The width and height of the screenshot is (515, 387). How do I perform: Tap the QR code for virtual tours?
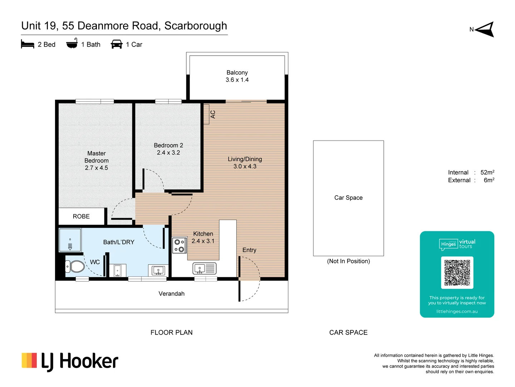click(x=457, y=273)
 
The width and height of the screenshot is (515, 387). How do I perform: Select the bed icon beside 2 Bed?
click(x=28, y=44)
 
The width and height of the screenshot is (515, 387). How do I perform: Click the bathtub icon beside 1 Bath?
click(x=72, y=43)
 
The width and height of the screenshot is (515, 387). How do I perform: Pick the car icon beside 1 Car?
click(x=117, y=44)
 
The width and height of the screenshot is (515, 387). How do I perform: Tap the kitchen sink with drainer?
click(x=204, y=269)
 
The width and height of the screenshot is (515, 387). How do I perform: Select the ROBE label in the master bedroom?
click(x=81, y=216)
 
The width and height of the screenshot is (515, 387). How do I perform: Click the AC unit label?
click(x=213, y=114)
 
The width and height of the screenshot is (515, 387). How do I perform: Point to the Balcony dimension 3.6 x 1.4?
click(x=237, y=80)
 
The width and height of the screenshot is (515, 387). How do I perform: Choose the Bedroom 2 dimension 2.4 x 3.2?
click(x=168, y=153)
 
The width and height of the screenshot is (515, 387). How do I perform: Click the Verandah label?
click(x=172, y=294)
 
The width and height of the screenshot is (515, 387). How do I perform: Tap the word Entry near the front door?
click(x=249, y=250)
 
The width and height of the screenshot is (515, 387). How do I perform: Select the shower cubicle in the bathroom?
click(x=70, y=240)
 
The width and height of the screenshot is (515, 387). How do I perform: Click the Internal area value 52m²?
click(x=487, y=172)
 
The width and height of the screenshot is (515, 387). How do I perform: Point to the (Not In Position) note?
click(x=348, y=261)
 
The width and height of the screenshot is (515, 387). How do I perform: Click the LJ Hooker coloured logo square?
click(x=29, y=360)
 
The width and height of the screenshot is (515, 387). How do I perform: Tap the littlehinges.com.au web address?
click(x=457, y=312)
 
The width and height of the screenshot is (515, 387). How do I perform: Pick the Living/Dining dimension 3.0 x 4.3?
click(x=245, y=167)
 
